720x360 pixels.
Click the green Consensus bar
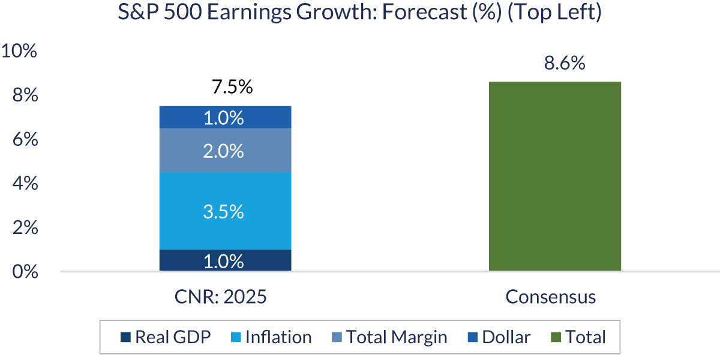click(554, 176)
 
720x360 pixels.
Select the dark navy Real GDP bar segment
click(225, 260)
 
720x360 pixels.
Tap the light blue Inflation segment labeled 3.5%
click(225, 211)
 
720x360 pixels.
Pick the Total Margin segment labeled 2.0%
click(225, 151)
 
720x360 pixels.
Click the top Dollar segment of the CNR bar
click(225, 117)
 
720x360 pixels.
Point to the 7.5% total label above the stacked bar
click(232, 88)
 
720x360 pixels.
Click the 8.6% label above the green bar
click(565, 63)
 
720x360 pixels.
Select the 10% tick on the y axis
click(19, 52)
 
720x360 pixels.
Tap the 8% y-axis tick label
click(25, 96)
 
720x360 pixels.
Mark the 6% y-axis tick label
click(25, 140)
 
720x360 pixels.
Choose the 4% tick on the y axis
click(25, 184)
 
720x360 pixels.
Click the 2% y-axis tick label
click(25, 228)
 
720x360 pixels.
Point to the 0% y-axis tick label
click(25, 272)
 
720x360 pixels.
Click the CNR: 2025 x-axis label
click(224, 297)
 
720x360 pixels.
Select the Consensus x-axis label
click(550, 297)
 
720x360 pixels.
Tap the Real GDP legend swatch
click(125, 338)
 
